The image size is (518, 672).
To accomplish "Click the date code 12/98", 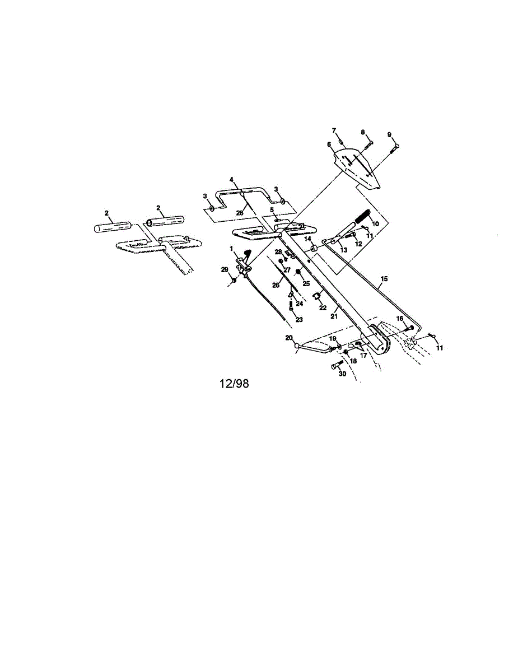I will [x=234, y=384].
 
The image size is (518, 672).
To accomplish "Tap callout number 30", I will [x=342, y=374].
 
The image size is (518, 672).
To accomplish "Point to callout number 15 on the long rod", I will [x=384, y=278].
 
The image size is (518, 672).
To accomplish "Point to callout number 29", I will [x=225, y=269].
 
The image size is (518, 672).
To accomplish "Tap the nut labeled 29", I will [x=234, y=279].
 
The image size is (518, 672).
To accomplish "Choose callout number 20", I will [x=289, y=338].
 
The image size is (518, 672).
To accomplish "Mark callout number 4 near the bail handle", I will [x=231, y=179].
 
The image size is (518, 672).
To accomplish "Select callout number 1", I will [x=231, y=248].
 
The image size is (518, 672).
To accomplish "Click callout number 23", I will [x=298, y=320].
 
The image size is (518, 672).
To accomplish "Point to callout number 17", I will [x=363, y=355].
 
